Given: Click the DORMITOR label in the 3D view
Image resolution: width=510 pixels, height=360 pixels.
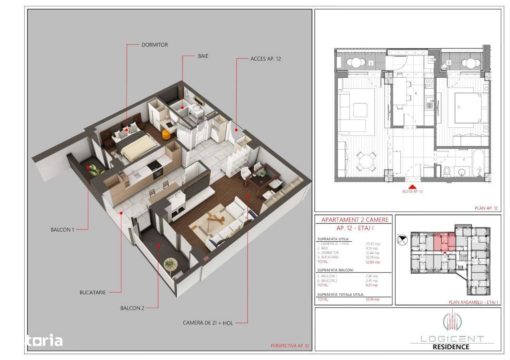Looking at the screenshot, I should (155, 45).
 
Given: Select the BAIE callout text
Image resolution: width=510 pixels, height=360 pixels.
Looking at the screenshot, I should (203, 56).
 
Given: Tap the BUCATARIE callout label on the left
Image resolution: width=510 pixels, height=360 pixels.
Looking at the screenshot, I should (92, 292).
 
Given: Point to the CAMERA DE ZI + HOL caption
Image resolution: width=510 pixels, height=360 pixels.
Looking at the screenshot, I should (208, 323).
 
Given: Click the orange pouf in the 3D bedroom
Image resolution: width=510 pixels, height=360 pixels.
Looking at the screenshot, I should (167, 135).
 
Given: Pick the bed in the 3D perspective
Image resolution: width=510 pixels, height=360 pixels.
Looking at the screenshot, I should (133, 145).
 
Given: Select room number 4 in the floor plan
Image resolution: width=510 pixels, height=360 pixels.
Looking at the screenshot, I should (416, 94).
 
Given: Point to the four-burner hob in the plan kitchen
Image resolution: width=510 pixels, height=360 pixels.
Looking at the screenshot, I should (429, 84).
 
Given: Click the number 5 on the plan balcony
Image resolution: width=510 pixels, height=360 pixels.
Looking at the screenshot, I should (371, 63).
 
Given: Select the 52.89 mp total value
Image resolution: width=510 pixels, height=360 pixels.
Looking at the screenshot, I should (373, 262).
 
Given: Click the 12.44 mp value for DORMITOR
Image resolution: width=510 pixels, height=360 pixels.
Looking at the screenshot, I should (373, 253).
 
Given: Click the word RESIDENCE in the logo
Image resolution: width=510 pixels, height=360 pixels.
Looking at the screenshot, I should (451, 346).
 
